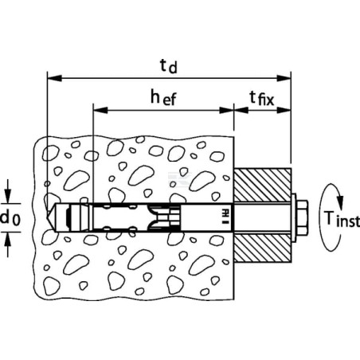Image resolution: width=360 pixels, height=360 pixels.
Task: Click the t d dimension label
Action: [169, 66]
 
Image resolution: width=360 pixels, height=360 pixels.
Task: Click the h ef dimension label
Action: [163, 97]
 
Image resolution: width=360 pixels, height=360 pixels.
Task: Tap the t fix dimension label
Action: [261, 98]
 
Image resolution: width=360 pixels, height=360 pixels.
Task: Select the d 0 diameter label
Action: [10, 218]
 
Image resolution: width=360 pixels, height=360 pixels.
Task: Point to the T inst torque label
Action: [342, 219]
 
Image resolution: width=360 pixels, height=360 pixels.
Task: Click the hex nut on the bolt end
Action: [302, 217]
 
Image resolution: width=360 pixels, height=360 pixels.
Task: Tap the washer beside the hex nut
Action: [293, 217]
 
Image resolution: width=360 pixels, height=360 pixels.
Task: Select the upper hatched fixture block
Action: [262, 185]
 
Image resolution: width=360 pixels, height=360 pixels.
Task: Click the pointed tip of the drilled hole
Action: [47, 218]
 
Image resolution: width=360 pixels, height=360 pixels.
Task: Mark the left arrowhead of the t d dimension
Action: [54, 78]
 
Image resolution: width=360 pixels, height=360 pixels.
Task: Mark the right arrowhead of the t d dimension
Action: [284, 78]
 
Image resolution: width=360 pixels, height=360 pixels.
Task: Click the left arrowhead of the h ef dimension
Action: [100, 110]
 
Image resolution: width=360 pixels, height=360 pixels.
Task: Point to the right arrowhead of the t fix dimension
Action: [284, 110]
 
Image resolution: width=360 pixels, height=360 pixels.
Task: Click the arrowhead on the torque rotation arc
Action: [340, 202]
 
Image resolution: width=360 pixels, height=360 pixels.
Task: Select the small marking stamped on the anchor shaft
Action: [225, 216]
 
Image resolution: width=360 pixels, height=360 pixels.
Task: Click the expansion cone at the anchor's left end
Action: [79, 217]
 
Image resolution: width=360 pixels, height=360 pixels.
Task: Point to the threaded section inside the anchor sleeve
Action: [165, 217]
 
